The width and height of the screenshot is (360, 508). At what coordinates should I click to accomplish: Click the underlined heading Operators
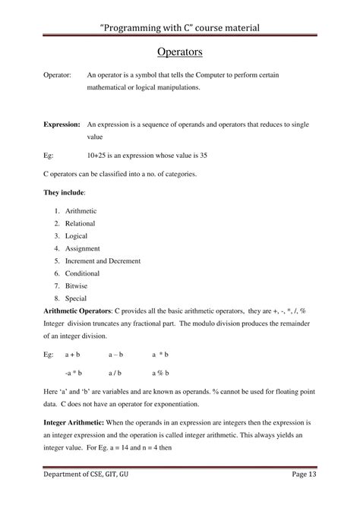pyautogui.click(x=179, y=52)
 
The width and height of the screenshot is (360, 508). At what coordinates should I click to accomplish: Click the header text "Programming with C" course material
pyautogui.click(x=179, y=27)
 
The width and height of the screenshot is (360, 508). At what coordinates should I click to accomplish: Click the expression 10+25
pyautogui.click(x=99, y=155)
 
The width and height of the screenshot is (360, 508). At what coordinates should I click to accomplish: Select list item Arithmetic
pyautogui.click(x=81, y=210)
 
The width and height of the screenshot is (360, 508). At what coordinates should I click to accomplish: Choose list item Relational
pyautogui.click(x=81, y=223)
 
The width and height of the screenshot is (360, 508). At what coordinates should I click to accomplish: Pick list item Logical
pyautogui.click(x=77, y=235)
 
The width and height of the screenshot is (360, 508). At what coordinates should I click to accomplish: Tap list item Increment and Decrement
pyautogui.click(x=103, y=260)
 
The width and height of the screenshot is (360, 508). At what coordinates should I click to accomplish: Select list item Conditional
pyautogui.click(x=83, y=273)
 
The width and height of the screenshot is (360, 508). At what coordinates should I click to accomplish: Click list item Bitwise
pyautogui.click(x=77, y=286)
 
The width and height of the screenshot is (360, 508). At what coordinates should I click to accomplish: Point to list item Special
pyautogui.click(x=77, y=298)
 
